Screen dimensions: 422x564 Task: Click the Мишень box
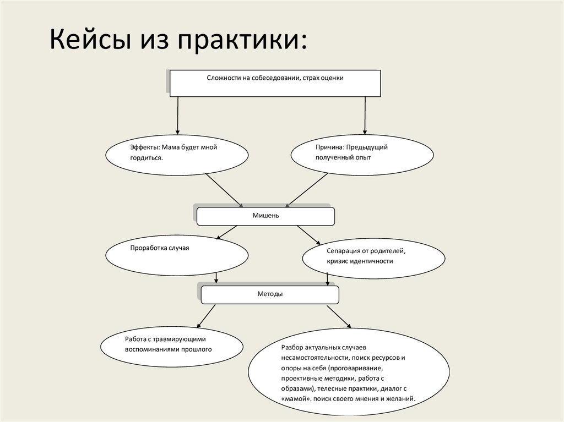pyautogui.click(x=265, y=216)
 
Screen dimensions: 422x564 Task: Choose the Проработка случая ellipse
pyautogui.click(x=177, y=255)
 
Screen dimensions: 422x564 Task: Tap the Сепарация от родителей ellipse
pyautogui.click(x=373, y=257)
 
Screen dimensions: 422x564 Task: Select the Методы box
pyautogui.click(x=270, y=295)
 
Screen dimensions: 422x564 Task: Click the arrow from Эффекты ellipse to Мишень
pyautogui.click(x=223, y=190)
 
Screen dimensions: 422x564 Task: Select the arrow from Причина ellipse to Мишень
pyautogui.click(x=307, y=190)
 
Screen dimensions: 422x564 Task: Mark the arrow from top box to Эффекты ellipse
pyautogui.click(x=177, y=114)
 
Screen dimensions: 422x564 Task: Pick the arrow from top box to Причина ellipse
pyautogui.click(x=364, y=114)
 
